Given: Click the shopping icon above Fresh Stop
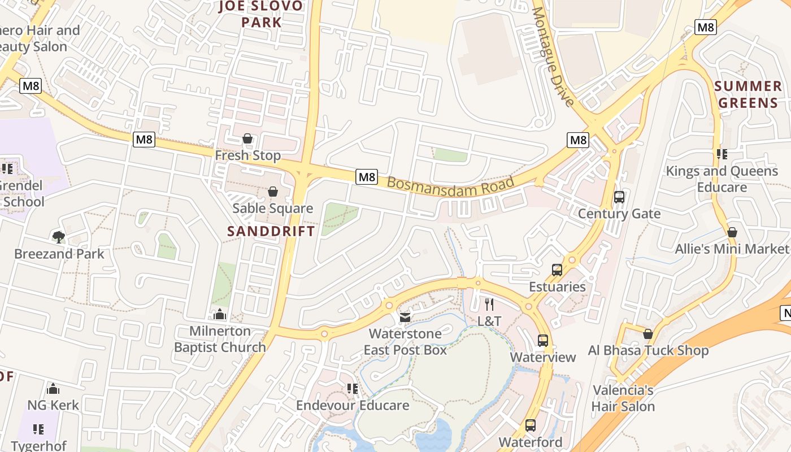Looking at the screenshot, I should pos(247,138).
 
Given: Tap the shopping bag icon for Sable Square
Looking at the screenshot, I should pos(273,192).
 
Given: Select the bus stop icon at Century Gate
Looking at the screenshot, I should pos(619,197).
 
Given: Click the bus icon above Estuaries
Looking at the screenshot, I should pos(557,270).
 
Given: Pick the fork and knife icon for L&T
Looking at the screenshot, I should pos(489,305).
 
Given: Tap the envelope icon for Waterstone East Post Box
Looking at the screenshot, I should pos(405,317).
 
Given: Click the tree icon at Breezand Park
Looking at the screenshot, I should pos(58,237).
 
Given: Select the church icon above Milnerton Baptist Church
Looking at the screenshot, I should pos(220,314).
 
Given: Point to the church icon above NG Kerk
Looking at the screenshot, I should pos(53,389).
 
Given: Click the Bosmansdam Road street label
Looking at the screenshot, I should pos(451,190).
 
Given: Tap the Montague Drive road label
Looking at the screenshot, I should pos(553,56).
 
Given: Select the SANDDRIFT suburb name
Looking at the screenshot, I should pos(271,231).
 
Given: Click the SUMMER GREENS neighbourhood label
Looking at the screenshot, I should pos(748,94).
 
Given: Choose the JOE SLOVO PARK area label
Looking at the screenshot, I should pos(261,14).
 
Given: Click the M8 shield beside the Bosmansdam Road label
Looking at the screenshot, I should pos(367,177).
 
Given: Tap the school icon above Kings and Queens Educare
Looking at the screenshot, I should pos(722,154).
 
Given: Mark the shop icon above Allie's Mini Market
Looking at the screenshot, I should pos(732,232).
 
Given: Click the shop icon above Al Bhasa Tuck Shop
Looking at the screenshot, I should pos(648,334).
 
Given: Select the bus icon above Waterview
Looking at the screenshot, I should pos(543,341).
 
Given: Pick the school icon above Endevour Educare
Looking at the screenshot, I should pos(353,389).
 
